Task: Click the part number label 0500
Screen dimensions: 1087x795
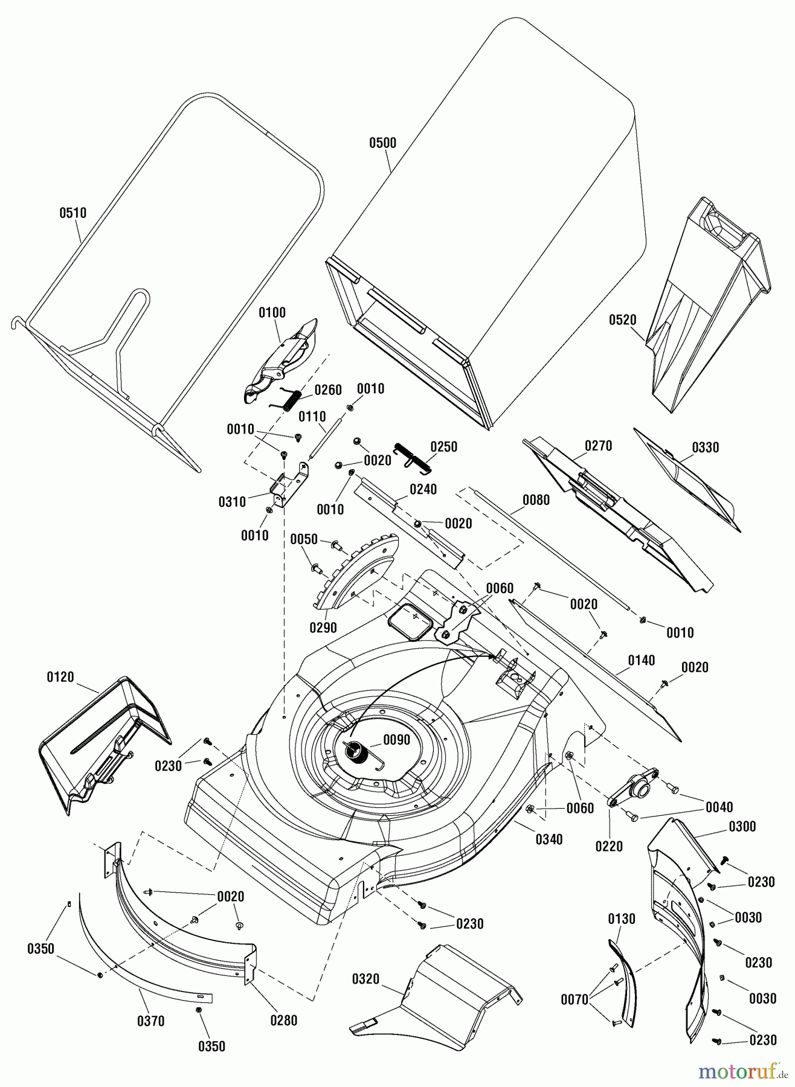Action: coord(382,143)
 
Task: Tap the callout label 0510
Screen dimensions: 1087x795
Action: coord(73,213)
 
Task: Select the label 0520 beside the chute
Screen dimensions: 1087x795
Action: coord(622,320)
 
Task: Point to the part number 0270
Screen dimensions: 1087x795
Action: coord(598,446)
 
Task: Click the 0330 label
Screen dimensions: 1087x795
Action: coord(705,447)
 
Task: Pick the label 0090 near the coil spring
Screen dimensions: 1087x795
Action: coord(396,740)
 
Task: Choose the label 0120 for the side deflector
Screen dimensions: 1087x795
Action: coord(60,677)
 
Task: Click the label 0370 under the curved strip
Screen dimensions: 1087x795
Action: coord(150,1021)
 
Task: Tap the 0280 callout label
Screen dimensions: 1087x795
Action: coord(283,1021)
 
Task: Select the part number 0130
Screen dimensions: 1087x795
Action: coord(621,919)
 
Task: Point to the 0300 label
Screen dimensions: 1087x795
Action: coord(742,827)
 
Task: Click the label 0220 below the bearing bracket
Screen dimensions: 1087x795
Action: coord(608,847)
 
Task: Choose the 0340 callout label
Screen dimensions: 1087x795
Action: coord(549,839)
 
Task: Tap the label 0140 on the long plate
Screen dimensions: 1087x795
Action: coord(641,661)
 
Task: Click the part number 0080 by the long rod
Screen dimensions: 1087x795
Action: coord(536,501)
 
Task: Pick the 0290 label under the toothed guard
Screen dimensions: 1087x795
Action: coord(323,628)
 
